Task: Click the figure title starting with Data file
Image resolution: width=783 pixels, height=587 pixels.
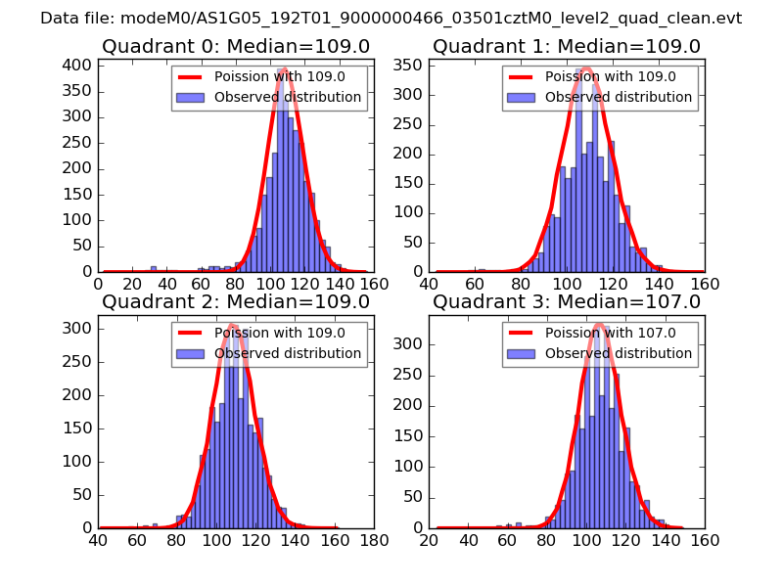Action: (x=391, y=18)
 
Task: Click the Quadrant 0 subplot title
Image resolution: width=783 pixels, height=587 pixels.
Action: (x=236, y=46)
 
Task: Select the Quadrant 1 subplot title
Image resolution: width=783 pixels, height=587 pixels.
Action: (x=567, y=46)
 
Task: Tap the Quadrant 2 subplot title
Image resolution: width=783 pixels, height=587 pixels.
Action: (x=236, y=301)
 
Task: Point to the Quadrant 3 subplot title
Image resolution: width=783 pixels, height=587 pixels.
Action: (x=567, y=301)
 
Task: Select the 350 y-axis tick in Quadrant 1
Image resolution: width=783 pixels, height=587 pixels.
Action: (x=409, y=66)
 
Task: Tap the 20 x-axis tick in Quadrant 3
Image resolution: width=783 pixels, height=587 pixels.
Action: (x=429, y=539)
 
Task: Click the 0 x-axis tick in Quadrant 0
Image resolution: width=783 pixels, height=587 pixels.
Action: (x=98, y=284)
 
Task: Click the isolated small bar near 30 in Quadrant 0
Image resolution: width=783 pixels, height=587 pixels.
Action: (x=154, y=269)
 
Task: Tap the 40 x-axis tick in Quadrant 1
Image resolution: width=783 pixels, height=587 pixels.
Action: (x=429, y=284)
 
